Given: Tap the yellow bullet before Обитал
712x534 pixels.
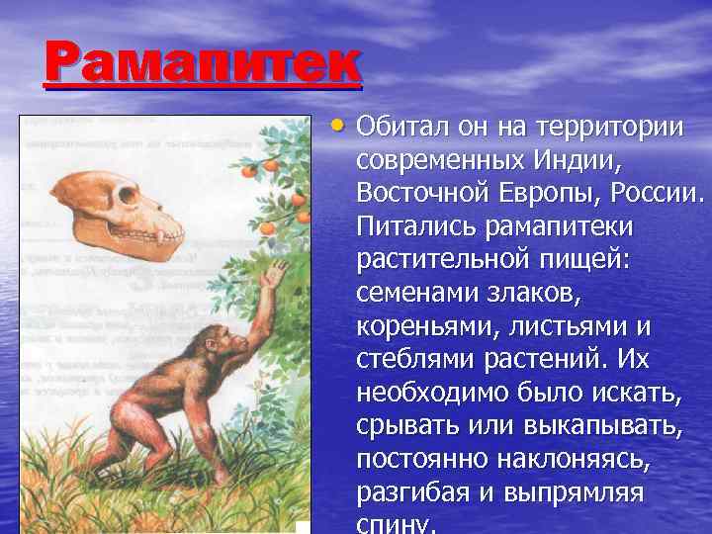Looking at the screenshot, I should click(x=338, y=127).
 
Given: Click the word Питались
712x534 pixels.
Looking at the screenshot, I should click(x=417, y=225).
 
